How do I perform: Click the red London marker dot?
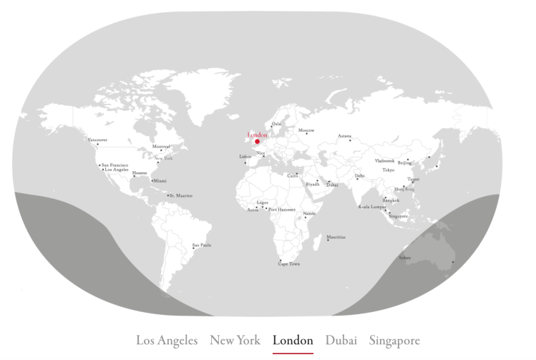(257, 142)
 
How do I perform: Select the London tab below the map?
(293, 341)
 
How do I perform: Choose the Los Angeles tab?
(167, 341)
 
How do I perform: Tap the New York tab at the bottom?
(235, 341)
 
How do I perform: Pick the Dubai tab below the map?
(341, 341)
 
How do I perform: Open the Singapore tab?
(394, 341)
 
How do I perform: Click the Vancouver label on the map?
(97, 140)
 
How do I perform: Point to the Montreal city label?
(161, 147)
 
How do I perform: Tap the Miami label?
(160, 181)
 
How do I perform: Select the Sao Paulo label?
(202, 245)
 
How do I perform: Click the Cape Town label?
(289, 264)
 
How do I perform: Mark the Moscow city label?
(306, 131)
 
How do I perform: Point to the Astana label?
(345, 136)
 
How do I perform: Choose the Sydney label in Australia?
(405, 258)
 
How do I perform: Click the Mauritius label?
(336, 237)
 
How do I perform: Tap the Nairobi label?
(309, 213)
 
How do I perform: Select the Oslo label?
(277, 123)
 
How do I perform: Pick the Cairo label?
(293, 175)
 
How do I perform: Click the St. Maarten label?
(181, 195)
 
